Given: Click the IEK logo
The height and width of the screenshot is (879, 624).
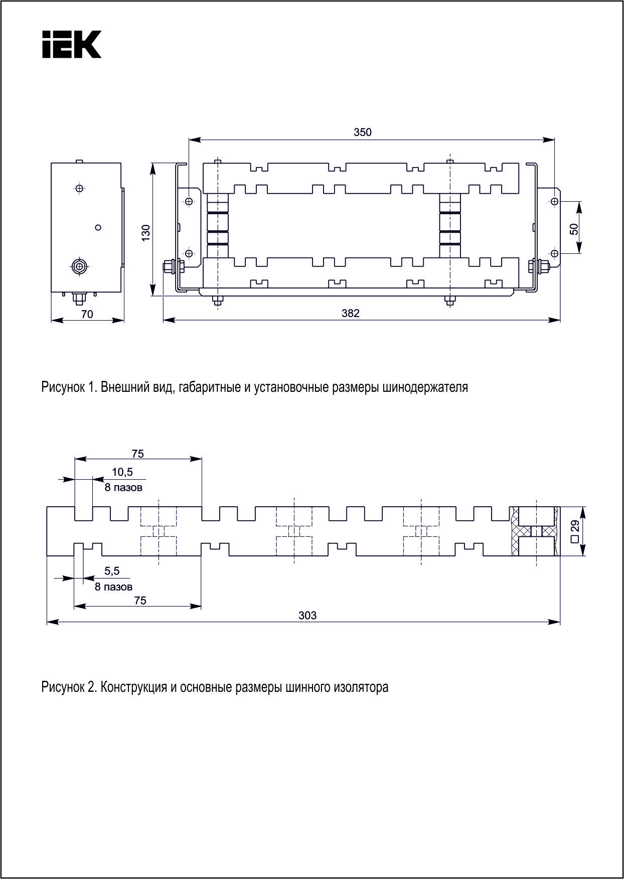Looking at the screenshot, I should click(72, 44).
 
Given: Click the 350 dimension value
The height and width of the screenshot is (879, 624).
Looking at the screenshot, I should click(363, 132).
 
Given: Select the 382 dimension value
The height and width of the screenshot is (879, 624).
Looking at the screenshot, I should click(351, 314).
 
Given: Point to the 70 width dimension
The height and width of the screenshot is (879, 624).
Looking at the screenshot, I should click(87, 315).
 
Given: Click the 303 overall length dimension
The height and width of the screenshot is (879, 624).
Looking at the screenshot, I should click(307, 615).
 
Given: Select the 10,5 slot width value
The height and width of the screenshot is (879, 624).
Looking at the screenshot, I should click(122, 472).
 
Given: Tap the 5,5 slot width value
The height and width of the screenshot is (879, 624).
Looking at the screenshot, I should click(112, 571).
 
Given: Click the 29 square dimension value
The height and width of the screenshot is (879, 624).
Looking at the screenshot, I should click(575, 526).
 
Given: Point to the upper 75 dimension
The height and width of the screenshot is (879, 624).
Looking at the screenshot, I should click(137, 454).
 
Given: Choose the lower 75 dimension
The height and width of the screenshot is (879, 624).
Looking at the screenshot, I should click(140, 600).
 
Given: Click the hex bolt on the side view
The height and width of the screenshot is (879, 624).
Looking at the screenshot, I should click(79, 266).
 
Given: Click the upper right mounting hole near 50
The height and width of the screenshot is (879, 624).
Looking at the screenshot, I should click(554, 201).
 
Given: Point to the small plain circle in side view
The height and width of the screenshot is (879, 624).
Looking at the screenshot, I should click(98, 227).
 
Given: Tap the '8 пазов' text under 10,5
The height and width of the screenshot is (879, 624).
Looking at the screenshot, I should click(123, 487).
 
